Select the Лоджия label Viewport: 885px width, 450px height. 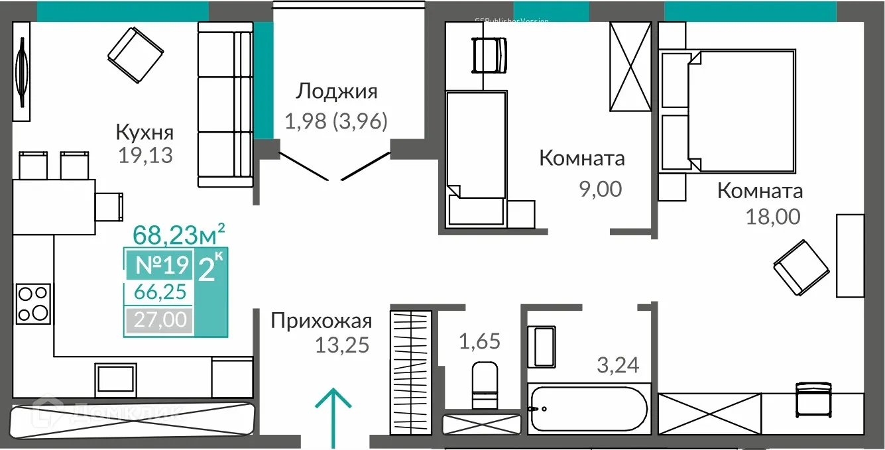(x=336, y=91)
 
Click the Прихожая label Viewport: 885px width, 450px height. (x=321, y=321)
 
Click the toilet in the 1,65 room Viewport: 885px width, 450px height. (x=483, y=385)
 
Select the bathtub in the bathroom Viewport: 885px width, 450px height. (x=587, y=410)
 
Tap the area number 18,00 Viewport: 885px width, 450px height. (x=773, y=217)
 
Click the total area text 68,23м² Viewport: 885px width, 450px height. (x=179, y=234)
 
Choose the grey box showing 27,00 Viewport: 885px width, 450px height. (x=159, y=321)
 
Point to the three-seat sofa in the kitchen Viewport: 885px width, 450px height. (x=225, y=105)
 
